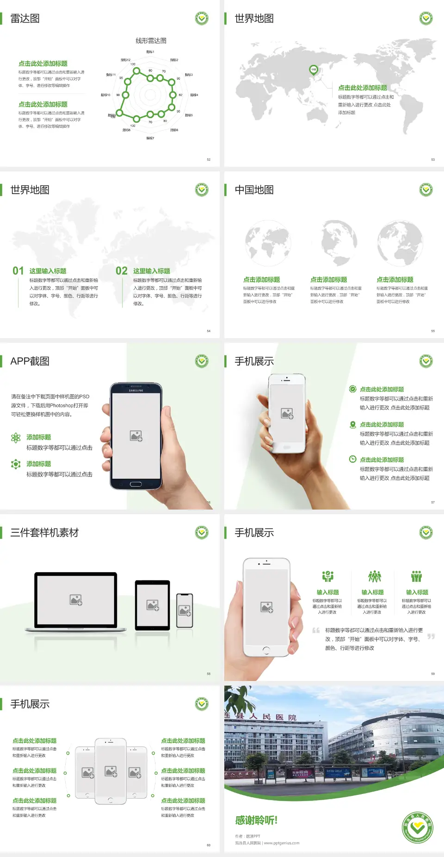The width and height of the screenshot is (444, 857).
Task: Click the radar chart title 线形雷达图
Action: point(151,41)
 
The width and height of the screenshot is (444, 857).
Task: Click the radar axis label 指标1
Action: point(150,52)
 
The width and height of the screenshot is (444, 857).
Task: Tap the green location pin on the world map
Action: point(314,70)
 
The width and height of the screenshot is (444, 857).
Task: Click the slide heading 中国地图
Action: point(254,190)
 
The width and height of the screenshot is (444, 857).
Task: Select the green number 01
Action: point(18,271)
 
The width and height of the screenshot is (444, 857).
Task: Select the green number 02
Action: point(122,271)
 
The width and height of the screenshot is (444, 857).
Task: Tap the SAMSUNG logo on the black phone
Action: point(136,391)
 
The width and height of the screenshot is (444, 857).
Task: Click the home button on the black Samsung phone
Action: point(136,484)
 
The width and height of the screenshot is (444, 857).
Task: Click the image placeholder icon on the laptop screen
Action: point(76,600)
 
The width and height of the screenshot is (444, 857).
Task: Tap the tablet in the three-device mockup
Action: point(153,605)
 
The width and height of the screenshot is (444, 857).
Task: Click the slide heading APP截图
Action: point(30,361)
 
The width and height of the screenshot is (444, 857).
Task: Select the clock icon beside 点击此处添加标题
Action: point(352,459)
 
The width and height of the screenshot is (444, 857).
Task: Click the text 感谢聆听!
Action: point(256,820)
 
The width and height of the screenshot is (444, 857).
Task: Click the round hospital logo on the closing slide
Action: point(417,827)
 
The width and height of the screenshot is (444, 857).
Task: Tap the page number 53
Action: point(433,159)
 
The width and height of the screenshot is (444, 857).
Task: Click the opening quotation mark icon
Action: point(316,630)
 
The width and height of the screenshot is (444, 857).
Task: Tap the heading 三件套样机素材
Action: point(44,533)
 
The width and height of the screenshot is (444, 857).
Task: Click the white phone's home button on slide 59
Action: point(266,650)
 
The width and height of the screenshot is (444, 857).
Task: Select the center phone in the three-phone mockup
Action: point(111,771)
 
